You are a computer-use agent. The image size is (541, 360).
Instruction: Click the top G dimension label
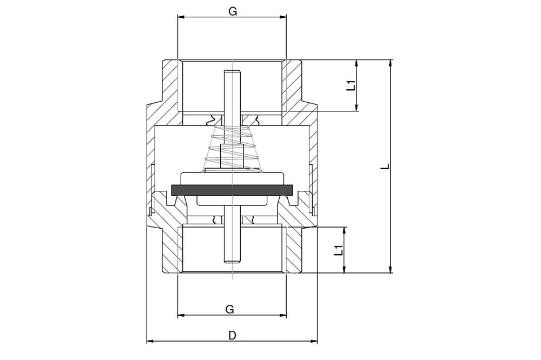point(233,11)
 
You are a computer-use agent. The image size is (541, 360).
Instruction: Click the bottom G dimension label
point(230,309)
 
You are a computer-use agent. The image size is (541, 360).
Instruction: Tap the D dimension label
point(233,335)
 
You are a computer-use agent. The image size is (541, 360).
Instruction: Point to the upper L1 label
point(351,85)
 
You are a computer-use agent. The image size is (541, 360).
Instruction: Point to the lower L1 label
point(339,250)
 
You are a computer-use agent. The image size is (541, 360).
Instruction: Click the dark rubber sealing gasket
point(232,189)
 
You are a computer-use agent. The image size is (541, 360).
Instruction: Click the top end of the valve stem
point(232,71)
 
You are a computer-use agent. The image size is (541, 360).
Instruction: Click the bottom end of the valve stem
point(232,262)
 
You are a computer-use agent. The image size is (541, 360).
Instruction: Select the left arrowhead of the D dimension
point(150,342)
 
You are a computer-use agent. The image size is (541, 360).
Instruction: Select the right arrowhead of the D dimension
point(314,342)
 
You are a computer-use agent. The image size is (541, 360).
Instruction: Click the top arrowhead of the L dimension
point(390,63)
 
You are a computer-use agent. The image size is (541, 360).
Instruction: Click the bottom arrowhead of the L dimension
point(390,270)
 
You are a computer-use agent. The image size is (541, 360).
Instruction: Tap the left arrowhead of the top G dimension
point(181,17)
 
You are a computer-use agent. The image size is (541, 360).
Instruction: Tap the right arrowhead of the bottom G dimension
point(283,315)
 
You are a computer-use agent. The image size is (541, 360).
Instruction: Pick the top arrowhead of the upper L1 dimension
point(357,63)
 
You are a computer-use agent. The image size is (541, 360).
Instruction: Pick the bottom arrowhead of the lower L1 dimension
point(344,270)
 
